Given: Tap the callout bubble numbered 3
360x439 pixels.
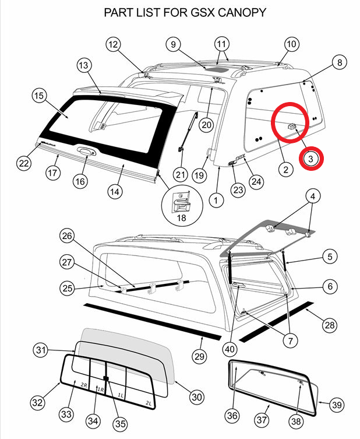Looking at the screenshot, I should pyautogui.click(x=311, y=157).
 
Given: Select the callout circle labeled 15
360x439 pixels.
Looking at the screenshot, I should pyautogui.click(x=39, y=95).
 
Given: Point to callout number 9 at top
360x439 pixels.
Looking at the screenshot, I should pyautogui.click(x=173, y=44).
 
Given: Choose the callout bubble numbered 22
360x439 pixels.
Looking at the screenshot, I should pyautogui.click(x=24, y=163).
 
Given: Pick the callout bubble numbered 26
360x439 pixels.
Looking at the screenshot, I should pyautogui.click(x=68, y=236).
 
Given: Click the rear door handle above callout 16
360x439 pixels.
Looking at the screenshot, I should pyautogui.click(x=86, y=152).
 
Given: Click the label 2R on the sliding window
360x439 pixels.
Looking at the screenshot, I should pyautogui.click(x=84, y=385).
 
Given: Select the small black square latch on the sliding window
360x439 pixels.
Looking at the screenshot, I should pyautogui.click(x=106, y=378).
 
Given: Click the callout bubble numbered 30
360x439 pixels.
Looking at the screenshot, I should pyautogui.click(x=197, y=396).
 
